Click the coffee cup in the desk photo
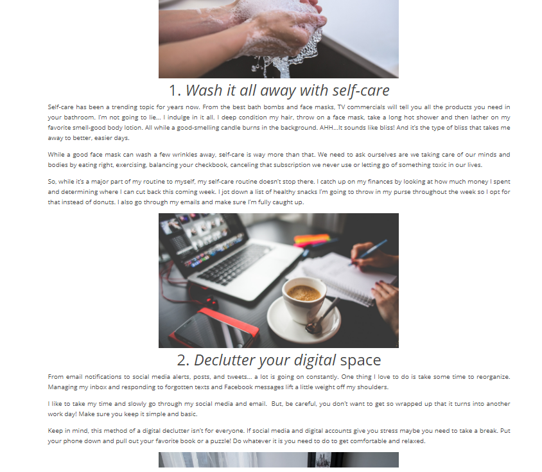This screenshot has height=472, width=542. pos(304,299)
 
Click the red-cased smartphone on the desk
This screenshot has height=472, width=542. pos(214,329)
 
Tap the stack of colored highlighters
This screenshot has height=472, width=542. pos(312,240)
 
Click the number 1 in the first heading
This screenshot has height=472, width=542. pos(173,91)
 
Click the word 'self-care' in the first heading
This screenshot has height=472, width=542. pos(361,91)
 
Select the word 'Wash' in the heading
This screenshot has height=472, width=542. pos(204,91)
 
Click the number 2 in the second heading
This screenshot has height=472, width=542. pos(182,360)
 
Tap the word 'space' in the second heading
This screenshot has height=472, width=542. pos(360,362)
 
